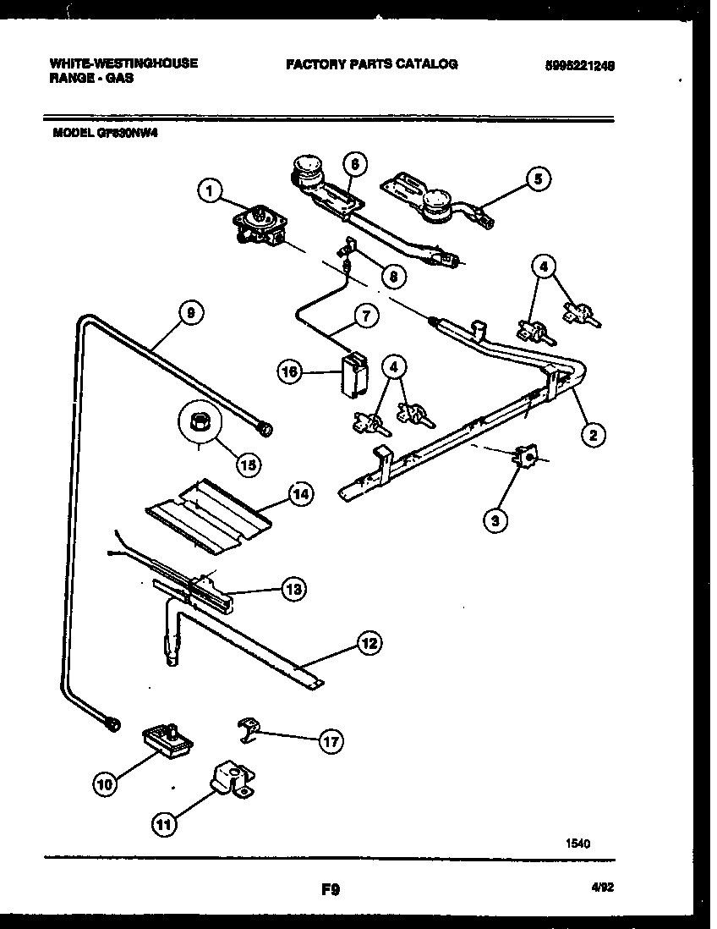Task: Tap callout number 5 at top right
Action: click(x=537, y=179)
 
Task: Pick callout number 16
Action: click(x=291, y=370)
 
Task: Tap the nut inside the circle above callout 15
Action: click(x=200, y=419)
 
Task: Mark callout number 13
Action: click(x=293, y=590)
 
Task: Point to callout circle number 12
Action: click(x=368, y=644)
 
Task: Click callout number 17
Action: click(x=331, y=742)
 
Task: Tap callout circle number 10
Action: click(x=106, y=784)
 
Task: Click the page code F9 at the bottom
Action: click(x=330, y=889)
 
